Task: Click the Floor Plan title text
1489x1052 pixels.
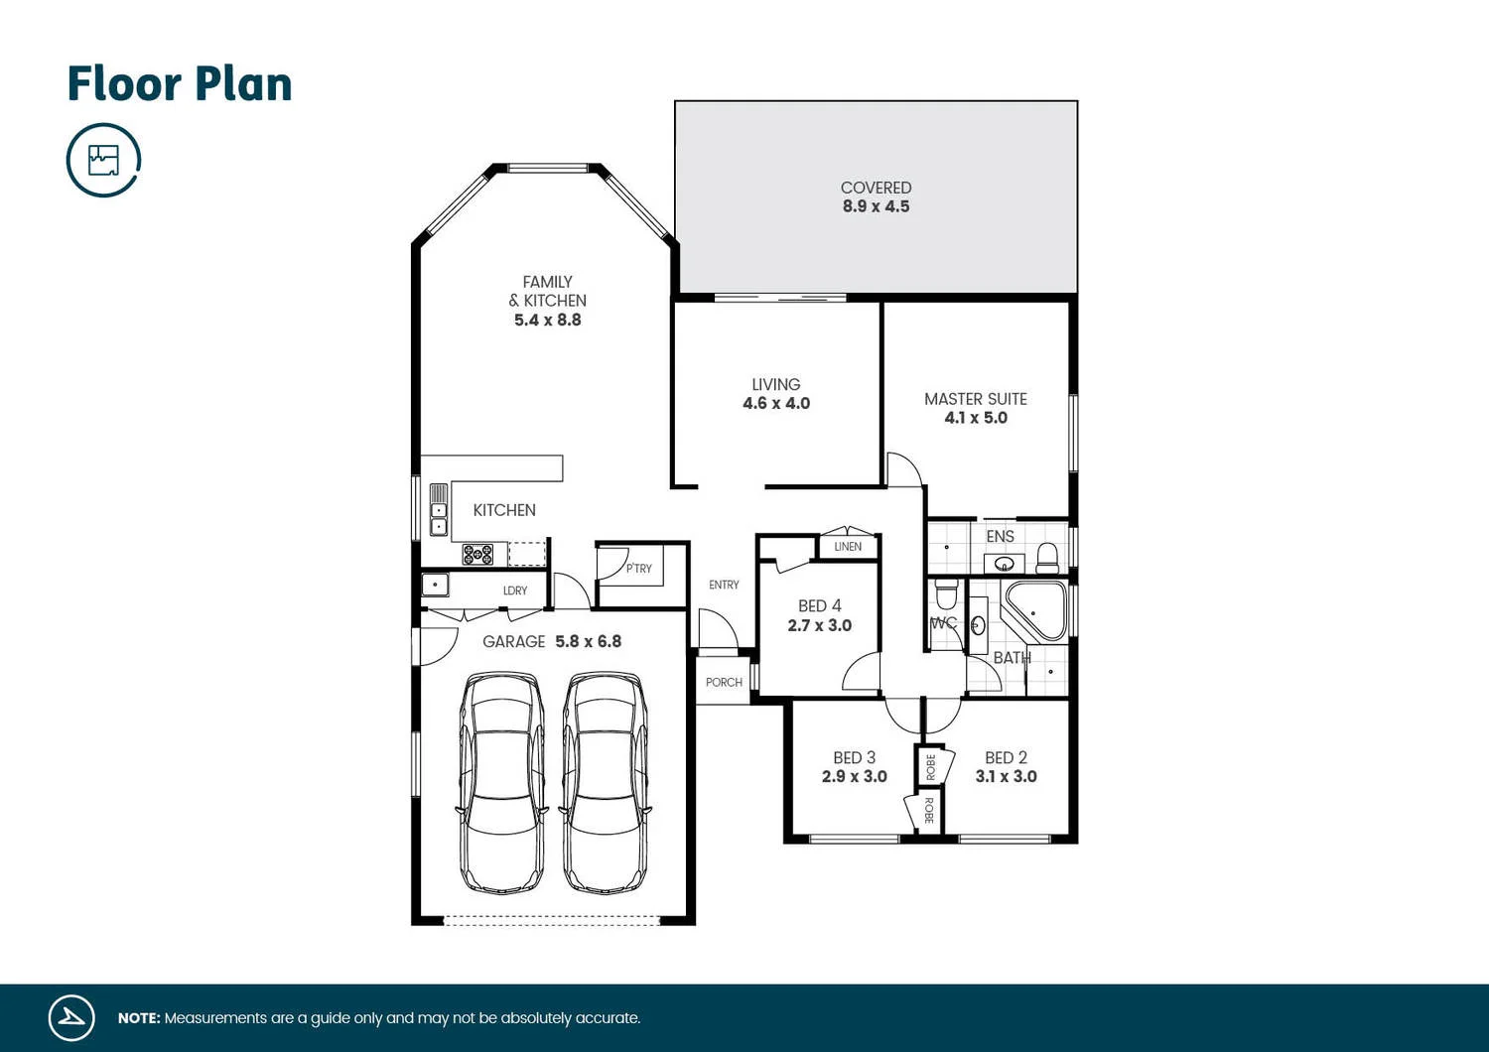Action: click(180, 84)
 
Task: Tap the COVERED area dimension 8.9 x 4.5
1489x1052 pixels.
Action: click(876, 206)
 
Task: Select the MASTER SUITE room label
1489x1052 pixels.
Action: click(975, 399)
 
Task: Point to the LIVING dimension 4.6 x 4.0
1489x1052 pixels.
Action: click(776, 404)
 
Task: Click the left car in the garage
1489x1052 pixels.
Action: click(502, 782)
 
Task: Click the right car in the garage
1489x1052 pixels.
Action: click(606, 782)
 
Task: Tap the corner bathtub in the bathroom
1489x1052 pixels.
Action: click(1035, 609)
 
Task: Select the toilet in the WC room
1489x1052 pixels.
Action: click(946, 594)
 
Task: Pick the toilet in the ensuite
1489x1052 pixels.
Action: click(1047, 558)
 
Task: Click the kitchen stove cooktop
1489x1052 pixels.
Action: click(477, 555)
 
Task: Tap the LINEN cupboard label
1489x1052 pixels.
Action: click(848, 547)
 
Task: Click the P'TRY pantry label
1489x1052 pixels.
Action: click(639, 569)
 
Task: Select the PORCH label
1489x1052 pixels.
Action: click(724, 683)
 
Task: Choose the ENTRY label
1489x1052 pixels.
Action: click(724, 586)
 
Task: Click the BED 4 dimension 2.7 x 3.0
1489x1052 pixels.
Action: click(819, 626)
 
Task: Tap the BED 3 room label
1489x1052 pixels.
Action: click(854, 758)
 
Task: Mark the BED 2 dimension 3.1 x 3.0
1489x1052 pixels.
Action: click(1006, 777)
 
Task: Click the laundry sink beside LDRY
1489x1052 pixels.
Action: click(435, 586)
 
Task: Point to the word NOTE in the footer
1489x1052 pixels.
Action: click(139, 1018)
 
